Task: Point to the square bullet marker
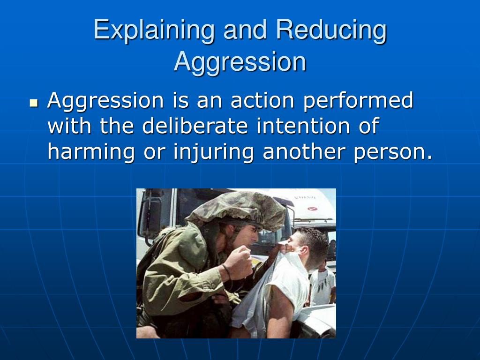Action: [x=33, y=102]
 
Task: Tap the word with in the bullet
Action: [x=66, y=127]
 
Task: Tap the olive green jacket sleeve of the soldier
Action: [x=187, y=281]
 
